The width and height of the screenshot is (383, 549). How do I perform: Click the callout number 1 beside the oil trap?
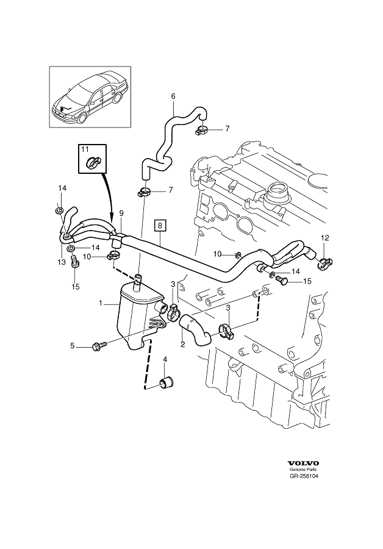click(x=102, y=303)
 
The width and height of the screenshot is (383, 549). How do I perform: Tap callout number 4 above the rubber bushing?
click(x=165, y=361)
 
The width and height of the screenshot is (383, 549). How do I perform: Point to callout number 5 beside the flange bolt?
click(x=71, y=346)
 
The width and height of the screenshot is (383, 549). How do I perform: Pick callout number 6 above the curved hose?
click(x=173, y=96)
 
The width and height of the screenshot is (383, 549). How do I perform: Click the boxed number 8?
click(x=160, y=225)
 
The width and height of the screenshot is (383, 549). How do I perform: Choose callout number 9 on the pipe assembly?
click(x=121, y=213)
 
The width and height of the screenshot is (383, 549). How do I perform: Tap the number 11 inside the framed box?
click(x=85, y=149)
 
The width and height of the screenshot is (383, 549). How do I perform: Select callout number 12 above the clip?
click(x=325, y=237)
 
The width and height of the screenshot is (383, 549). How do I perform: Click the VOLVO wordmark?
click(x=303, y=463)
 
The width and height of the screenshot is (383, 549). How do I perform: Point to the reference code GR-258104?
click(x=304, y=476)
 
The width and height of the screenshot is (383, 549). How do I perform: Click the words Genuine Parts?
click(x=303, y=470)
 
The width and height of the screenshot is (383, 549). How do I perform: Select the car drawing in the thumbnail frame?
click(x=90, y=98)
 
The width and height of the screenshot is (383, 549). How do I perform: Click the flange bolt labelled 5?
click(x=98, y=346)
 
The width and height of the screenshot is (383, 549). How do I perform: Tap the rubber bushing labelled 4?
click(x=166, y=382)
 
